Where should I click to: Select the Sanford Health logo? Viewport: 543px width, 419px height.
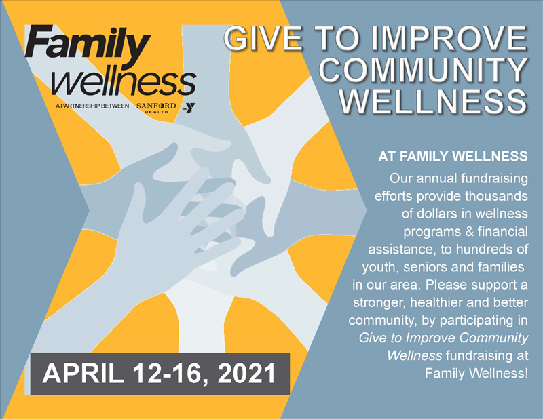[157, 108]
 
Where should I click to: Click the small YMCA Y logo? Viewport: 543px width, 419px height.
[189, 108]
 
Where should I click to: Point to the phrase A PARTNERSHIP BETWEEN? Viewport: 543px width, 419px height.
[92, 106]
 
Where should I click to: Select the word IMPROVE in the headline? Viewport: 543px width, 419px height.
[449, 38]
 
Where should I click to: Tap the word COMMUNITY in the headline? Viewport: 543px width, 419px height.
[423, 70]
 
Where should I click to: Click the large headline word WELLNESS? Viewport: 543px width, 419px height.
[433, 101]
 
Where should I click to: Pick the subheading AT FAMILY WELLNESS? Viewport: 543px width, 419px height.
[453, 157]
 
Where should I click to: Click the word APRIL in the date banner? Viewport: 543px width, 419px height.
[83, 374]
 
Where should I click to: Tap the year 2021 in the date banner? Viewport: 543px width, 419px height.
[246, 374]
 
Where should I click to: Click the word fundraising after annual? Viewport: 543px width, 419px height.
[495, 178]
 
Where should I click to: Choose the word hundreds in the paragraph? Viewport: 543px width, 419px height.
[491, 249]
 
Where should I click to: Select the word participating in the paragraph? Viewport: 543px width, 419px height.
[474, 321]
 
